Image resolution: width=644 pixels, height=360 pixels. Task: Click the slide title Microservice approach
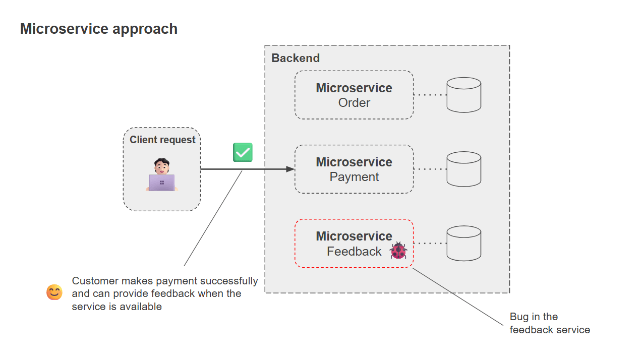pos(99,29)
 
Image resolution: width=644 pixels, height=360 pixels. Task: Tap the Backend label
pos(296,58)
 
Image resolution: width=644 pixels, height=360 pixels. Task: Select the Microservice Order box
pos(354,95)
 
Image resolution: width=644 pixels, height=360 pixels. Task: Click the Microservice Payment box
pos(354,169)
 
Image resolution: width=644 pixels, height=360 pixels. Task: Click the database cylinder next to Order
pos(463,95)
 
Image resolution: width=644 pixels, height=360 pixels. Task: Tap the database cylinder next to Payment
pos(463,169)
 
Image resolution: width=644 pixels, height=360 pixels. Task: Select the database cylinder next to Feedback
pos(463,243)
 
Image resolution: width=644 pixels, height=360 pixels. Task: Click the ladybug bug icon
pos(398,251)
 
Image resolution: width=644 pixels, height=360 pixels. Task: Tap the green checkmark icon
pos(243,152)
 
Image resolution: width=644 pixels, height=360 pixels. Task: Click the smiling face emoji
pos(54,292)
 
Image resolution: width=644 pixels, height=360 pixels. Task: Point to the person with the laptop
pos(162,175)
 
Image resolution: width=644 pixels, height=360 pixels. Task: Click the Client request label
pos(162,140)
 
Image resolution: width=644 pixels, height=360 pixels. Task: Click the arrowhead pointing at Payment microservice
pos(290,169)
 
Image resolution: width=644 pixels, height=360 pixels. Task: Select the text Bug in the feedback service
pos(549,323)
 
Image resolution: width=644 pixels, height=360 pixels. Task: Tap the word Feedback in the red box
pos(354,251)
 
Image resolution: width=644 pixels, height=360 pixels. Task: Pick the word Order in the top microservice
pos(354,103)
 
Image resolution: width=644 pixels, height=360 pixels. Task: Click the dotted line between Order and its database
pos(430,95)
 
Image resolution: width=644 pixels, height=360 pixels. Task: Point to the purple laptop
pos(162,183)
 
